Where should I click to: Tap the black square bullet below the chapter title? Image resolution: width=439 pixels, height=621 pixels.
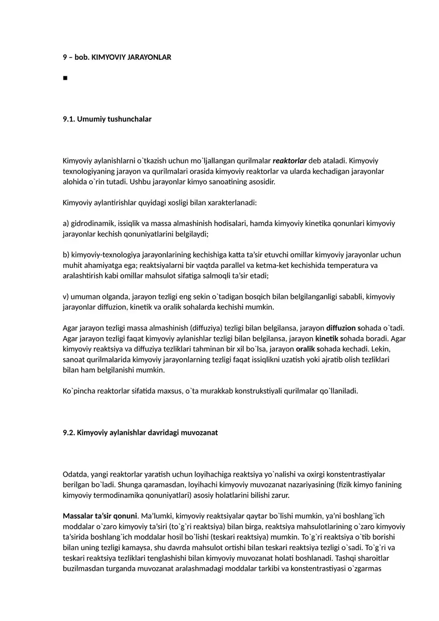[65, 78]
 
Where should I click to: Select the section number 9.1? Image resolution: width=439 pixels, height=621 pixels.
[69, 119]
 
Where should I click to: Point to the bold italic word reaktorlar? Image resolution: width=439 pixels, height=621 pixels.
[290, 161]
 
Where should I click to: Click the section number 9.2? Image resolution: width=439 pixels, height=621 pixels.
[69, 433]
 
